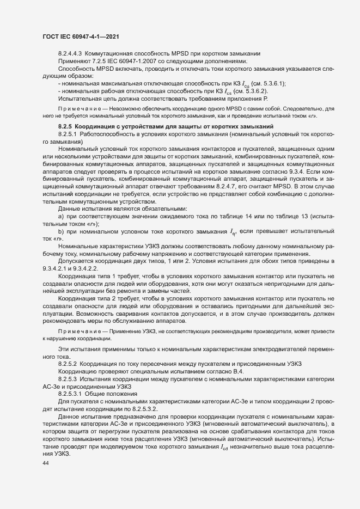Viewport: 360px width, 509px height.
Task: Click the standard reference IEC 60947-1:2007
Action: [129, 62]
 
